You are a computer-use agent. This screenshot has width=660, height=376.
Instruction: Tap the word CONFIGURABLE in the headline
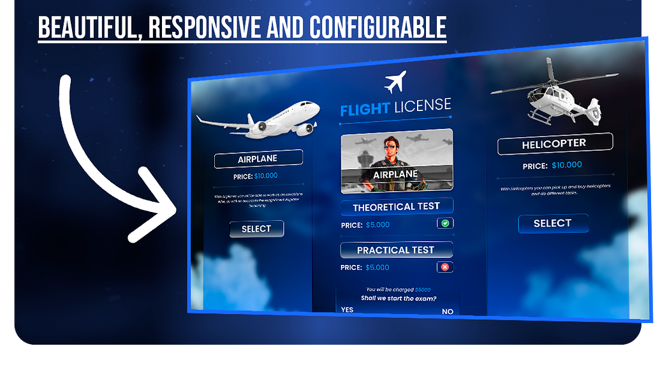point(378,27)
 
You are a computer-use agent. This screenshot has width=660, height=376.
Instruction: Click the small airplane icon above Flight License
point(395,82)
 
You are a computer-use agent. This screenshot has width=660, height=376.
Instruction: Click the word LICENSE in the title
point(422,106)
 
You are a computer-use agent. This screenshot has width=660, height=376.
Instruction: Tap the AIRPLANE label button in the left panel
point(258,159)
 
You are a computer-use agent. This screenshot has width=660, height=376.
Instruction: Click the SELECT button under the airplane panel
point(256,229)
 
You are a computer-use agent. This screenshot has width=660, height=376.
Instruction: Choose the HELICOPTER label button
point(554,144)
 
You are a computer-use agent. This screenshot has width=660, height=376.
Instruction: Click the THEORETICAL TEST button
point(396,207)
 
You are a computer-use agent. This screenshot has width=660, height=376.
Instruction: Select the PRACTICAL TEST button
point(395,250)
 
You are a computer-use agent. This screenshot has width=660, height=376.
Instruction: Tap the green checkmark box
point(445,223)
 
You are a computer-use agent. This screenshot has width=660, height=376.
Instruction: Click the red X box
point(445,267)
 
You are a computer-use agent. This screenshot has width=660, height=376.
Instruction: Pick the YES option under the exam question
point(347,310)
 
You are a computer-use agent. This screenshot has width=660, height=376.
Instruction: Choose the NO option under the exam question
point(448,312)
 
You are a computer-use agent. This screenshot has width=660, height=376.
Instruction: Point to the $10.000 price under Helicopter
point(567,165)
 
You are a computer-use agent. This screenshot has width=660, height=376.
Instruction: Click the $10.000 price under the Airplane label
point(266,176)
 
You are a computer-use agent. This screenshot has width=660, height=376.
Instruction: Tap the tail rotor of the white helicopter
point(595,112)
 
